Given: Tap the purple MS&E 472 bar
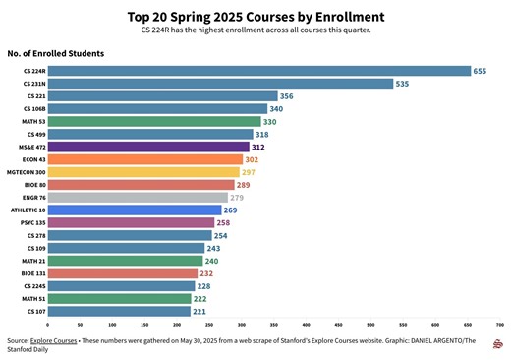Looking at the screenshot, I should click(147, 147).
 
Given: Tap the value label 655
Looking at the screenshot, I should click(480, 71).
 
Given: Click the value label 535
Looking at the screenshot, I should click(402, 84).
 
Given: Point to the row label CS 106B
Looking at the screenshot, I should click(34, 109).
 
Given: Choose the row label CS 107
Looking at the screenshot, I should click(36, 311).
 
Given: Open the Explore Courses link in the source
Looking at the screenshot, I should click(54, 340).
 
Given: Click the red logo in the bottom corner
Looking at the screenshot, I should click(499, 344).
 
